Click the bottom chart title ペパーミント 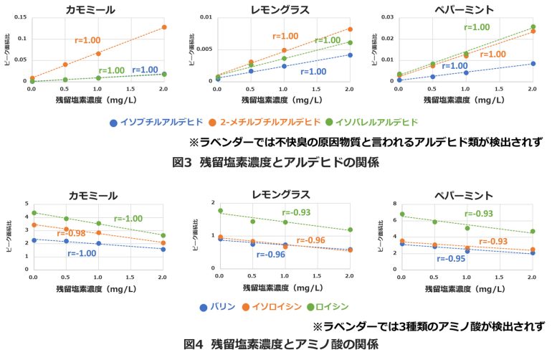point(466,195)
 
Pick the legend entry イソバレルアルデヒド point(372,123)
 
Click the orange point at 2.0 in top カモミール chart point(163,27)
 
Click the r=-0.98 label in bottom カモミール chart point(72,234)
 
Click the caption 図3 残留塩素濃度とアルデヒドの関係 point(275,161)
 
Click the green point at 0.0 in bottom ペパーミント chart point(401,214)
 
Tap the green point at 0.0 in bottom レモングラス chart point(219,211)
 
